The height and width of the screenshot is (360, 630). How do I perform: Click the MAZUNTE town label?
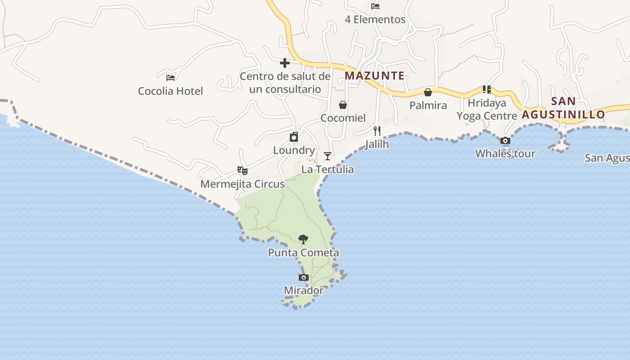(x=374, y=76)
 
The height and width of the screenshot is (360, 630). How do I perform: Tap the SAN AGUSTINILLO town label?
(x=563, y=108)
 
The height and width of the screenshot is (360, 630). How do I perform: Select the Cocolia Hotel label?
(x=170, y=91)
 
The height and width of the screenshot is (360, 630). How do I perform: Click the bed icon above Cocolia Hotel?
(x=170, y=77)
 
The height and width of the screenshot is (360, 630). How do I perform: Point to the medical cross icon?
(x=284, y=63)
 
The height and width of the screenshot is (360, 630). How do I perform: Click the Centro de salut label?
(x=285, y=83)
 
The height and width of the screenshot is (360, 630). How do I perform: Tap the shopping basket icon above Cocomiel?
(x=343, y=105)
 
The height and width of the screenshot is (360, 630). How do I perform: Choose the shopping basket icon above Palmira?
(x=428, y=92)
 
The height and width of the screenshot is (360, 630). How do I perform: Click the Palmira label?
(x=428, y=105)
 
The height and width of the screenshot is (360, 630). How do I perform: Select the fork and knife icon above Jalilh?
(x=377, y=131)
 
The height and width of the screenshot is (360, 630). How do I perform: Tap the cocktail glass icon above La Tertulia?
(x=328, y=156)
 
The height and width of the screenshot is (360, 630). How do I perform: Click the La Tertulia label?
(x=328, y=170)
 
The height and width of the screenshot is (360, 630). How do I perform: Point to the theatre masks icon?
(x=243, y=171)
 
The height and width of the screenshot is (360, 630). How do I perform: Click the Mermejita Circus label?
(x=243, y=184)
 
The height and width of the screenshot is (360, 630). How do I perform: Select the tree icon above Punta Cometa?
(x=303, y=239)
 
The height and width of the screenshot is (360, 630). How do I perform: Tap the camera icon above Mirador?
(x=304, y=277)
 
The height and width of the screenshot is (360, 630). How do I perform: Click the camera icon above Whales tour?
(x=505, y=141)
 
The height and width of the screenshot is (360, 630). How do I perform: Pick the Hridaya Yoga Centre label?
(x=487, y=109)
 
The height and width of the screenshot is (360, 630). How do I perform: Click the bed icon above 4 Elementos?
(x=375, y=6)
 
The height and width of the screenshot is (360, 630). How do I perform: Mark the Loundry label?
(x=294, y=150)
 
